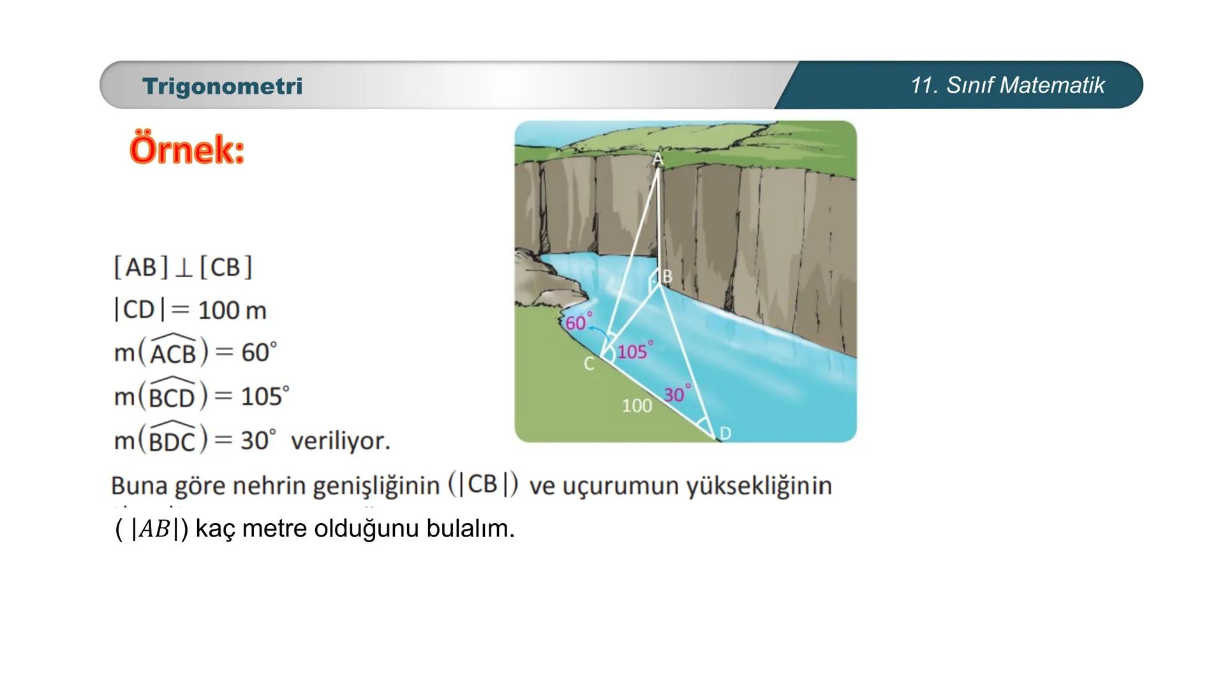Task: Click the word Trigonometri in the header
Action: click(x=222, y=86)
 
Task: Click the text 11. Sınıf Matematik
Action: click(x=1007, y=85)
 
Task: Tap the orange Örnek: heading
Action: click(x=187, y=150)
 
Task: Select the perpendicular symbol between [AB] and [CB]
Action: click(x=184, y=268)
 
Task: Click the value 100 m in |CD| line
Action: click(x=232, y=311)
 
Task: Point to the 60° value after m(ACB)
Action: click(x=258, y=352)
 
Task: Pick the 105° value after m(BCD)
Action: click(x=264, y=396)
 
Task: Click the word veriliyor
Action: click(x=340, y=441)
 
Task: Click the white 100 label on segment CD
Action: click(x=637, y=406)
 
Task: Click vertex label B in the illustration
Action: click(x=667, y=276)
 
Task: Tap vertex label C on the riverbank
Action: click(x=589, y=364)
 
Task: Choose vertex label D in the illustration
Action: click(x=725, y=434)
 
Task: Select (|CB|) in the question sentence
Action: click(x=482, y=484)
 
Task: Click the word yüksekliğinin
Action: click(x=759, y=486)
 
